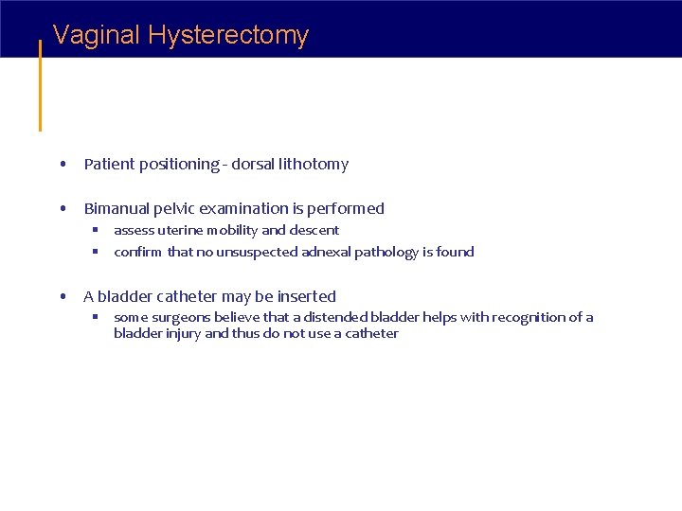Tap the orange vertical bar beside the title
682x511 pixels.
coord(40,85)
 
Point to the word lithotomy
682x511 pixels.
coord(314,165)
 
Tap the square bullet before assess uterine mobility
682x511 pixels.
coord(96,230)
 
